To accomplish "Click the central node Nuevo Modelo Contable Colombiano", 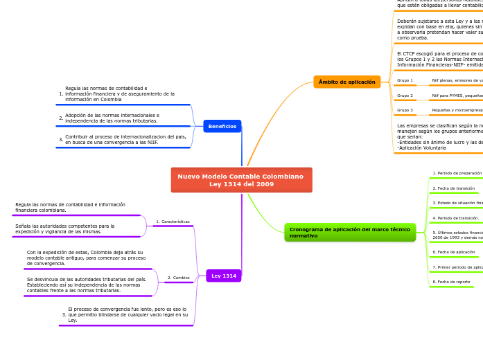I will tap(241, 180).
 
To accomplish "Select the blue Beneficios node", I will tap(222, 126).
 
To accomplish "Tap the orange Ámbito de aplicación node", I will tap(346, 82).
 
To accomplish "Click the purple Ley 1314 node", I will tap(223, 276).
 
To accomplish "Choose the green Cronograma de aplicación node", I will tap(349, 233).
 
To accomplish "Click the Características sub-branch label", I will tap(173, 222).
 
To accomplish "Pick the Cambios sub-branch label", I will tap(179, 278).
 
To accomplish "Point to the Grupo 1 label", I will tap(405, 80).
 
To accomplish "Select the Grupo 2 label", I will tap(405, 96).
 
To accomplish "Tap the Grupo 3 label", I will tap(405, 110).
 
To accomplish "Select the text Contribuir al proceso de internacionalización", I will tap(125, 139).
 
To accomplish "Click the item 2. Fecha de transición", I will tap(454, 188).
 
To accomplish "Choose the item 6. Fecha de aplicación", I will tap(454, 252).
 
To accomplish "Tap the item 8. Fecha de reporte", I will tap(451, 282).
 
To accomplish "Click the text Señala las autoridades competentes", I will tap(65, 228).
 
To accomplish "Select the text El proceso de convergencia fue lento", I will tap(128, 314).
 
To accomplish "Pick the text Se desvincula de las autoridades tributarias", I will tap(87, 285).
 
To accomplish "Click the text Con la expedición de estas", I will tap(86, 258).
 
